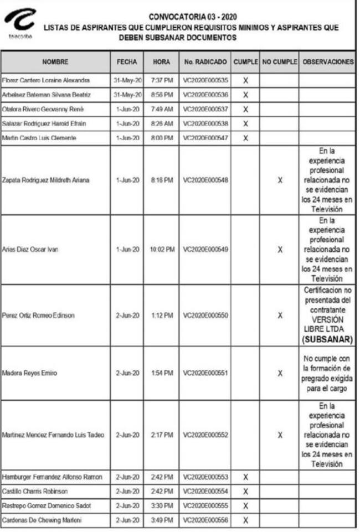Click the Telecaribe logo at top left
(20, 23)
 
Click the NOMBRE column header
(55, 62)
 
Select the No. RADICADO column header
(205, 62)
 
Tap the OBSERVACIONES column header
(327, 62)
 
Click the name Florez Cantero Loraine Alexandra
(42, 80)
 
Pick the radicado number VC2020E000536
(205, 95)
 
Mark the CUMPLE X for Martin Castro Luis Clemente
(245, 137)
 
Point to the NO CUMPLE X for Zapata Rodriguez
(280, 180)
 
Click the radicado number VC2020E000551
(205, 374)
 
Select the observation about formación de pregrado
(327, 373)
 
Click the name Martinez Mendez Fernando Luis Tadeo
(53, 435)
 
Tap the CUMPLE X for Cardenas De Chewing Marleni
(245, 520)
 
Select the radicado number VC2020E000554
(205, 492)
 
